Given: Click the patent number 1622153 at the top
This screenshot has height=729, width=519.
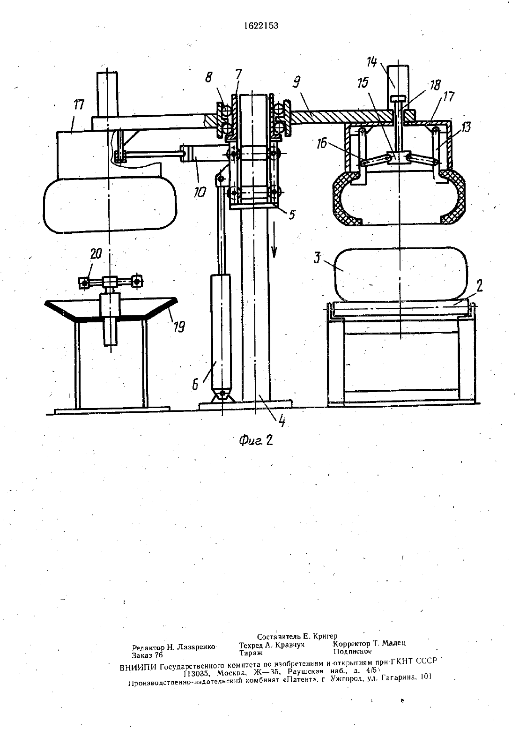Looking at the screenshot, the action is click(261, 26).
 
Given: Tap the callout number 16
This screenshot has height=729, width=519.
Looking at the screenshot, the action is click(322, 144).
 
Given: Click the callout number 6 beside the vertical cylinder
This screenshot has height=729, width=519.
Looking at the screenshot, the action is click(195, 385).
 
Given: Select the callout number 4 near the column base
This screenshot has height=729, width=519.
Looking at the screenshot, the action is click(282, 421).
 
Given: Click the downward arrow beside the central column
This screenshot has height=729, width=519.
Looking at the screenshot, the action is click(274, 239).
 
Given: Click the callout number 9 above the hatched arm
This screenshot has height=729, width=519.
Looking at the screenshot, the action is click(296, 82).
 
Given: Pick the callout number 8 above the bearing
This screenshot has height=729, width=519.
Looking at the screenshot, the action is click(208, 77).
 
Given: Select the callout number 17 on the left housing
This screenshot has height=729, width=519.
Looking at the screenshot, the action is click(79, 105).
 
